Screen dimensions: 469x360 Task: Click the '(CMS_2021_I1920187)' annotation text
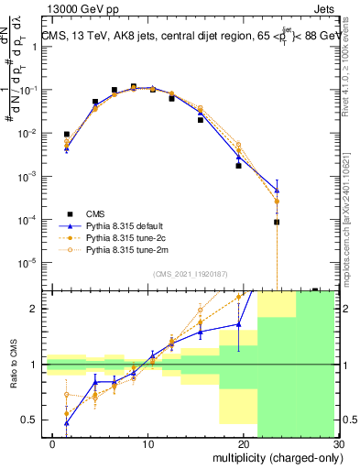point(190,274)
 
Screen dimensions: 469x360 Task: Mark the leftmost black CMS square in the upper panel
point(66,135)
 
